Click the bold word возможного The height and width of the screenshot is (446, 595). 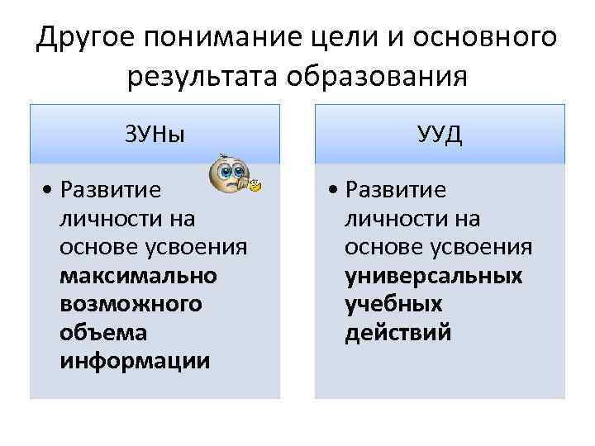130,303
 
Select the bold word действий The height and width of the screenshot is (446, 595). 398,332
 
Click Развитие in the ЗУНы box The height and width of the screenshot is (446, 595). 110,191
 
